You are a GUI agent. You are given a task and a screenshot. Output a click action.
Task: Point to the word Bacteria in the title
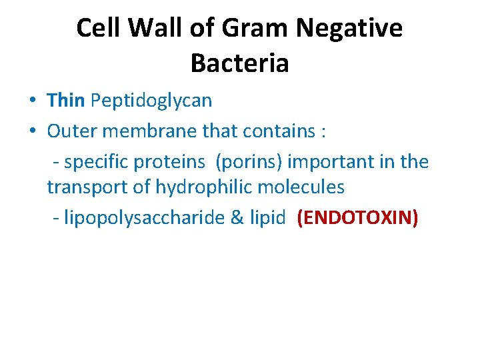[x=239, y=63]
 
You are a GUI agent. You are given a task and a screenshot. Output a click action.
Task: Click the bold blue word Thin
[x=66, y=101]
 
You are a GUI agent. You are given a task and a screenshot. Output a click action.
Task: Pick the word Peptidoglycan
[x=151, y=101]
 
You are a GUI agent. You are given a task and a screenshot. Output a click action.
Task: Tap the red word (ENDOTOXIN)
[x=357, y=219]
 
